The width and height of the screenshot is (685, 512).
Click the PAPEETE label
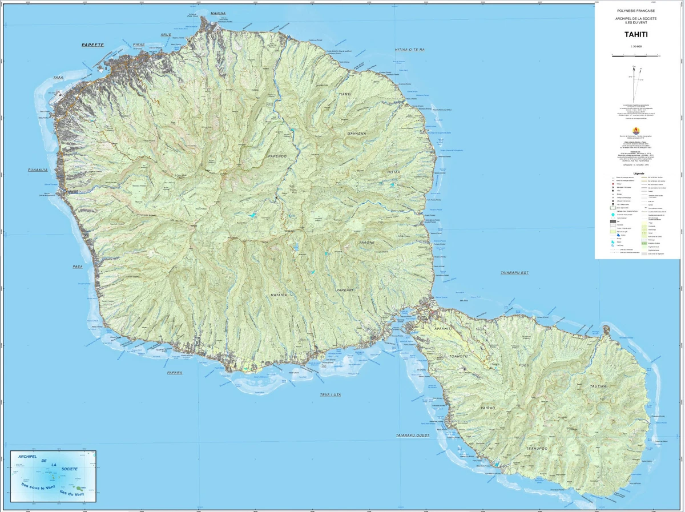click(x=92, y=45)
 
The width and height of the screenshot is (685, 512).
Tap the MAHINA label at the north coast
click(x=202, y=13)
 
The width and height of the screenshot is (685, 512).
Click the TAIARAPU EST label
click(x=514, y=273)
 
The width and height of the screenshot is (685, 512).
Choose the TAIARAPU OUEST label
click(x=412, y=436)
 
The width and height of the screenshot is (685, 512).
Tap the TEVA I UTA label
click(x=331, y=395)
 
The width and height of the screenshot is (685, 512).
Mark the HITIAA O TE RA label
click(x=410, y=50)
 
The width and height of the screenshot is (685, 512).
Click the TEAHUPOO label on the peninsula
click(x=537, y=449)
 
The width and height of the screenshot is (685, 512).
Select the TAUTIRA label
click(x=599, y=386)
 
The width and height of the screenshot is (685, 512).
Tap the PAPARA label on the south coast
click(x=174, y=373)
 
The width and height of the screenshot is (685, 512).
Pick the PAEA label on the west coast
click(x=78, y=267)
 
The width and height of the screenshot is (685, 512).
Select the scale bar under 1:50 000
click(x=635, y=56)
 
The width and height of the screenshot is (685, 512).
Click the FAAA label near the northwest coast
click(x=58, y=77)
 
